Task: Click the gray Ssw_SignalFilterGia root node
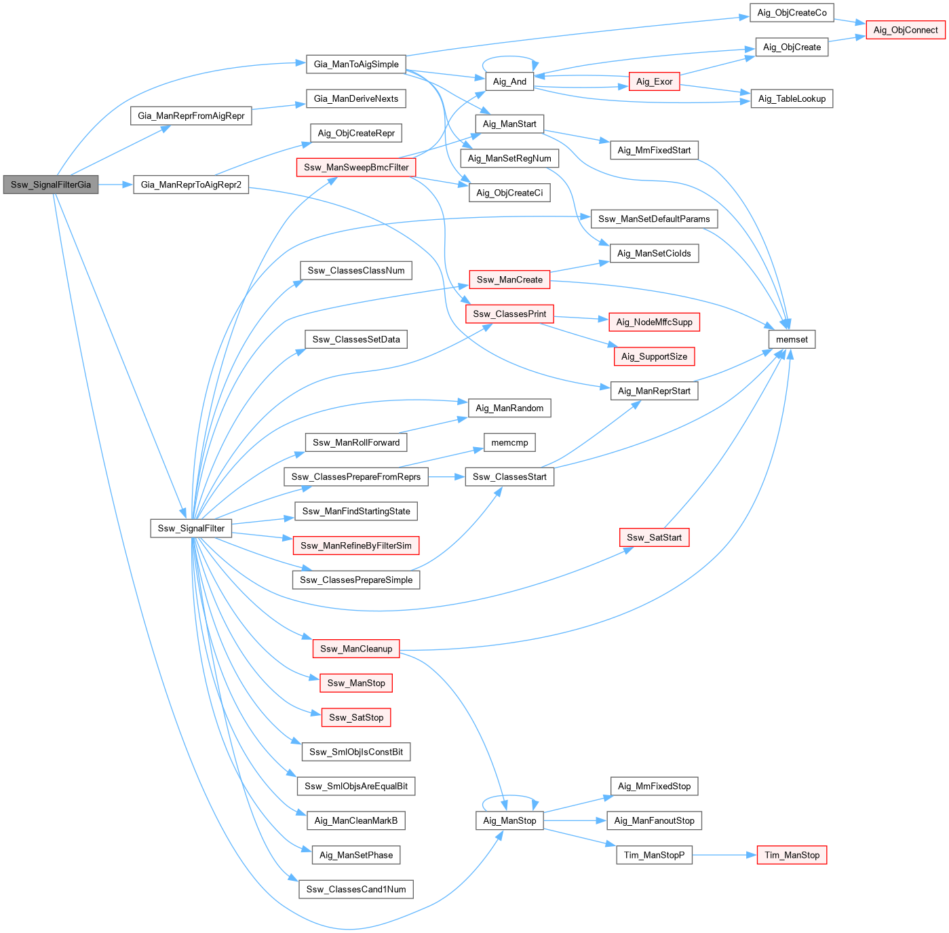[x=51, y=185]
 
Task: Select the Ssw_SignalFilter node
[x=191, y=528]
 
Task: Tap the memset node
[x=792, y=339]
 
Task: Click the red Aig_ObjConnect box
[x=905, y=30]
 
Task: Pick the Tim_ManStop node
[x=792, y=855]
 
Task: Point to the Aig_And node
[x=509, y=81]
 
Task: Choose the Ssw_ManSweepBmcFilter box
[x=356, y=168]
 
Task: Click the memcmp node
[x=509, y=442]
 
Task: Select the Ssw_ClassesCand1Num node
[x=356, y=890]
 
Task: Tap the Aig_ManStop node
[x=509, y=820]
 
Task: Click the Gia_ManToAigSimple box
[x=356, y=64]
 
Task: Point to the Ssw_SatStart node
[x=654, y=537]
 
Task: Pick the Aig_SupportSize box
[x=654, y=356]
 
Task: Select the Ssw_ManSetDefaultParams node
[x=654, y=218]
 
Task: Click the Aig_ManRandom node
[x=509, y=408]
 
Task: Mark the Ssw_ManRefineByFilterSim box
[x=356, y=546]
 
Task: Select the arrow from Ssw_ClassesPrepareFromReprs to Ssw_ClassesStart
[x=446, y=477]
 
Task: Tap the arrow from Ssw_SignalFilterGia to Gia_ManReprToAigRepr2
[x=116, y=185]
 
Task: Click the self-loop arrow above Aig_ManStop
[x=510, y=797]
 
